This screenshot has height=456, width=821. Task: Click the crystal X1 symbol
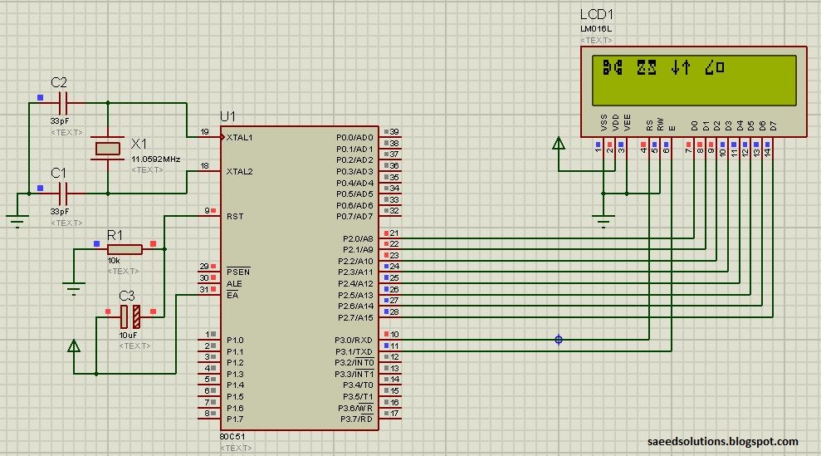[x=107, y=149]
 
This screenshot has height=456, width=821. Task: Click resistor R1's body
[x=125, y=248]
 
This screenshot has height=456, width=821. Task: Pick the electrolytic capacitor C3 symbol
[x=130, y=316]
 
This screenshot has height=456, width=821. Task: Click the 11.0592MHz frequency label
[x=156, y=158]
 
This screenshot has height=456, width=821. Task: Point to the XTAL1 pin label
[x=240, y=138]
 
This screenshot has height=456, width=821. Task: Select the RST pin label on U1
[x=234, y=216]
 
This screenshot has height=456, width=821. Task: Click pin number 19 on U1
[x=204, y=132]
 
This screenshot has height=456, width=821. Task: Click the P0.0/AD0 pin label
[x=354, y=138]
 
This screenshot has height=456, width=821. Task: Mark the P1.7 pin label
[x=235, y=419]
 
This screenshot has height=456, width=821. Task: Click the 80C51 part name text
[x=232, y=436]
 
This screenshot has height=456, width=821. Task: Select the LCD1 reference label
[x=596, y=16]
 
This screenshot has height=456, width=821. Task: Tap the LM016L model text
[x=596, y=29]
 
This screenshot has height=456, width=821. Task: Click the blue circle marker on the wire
[x=559, y=340]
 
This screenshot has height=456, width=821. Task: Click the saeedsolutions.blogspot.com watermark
[x=722, y=442]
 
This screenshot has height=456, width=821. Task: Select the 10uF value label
[x=128, y=335]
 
